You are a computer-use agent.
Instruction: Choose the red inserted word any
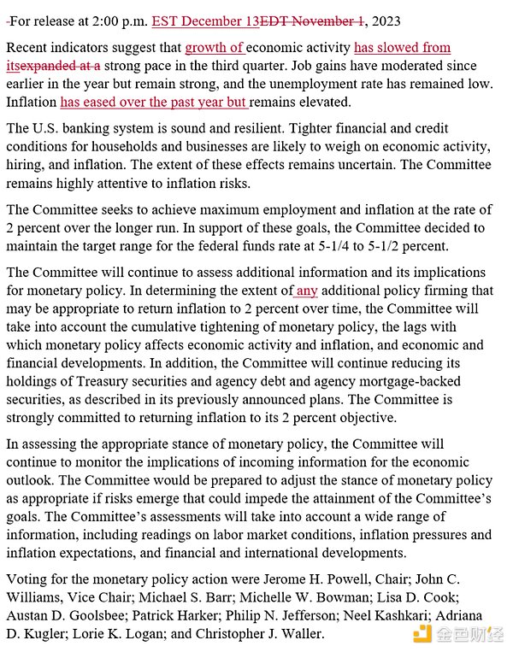(x=306, y=291)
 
